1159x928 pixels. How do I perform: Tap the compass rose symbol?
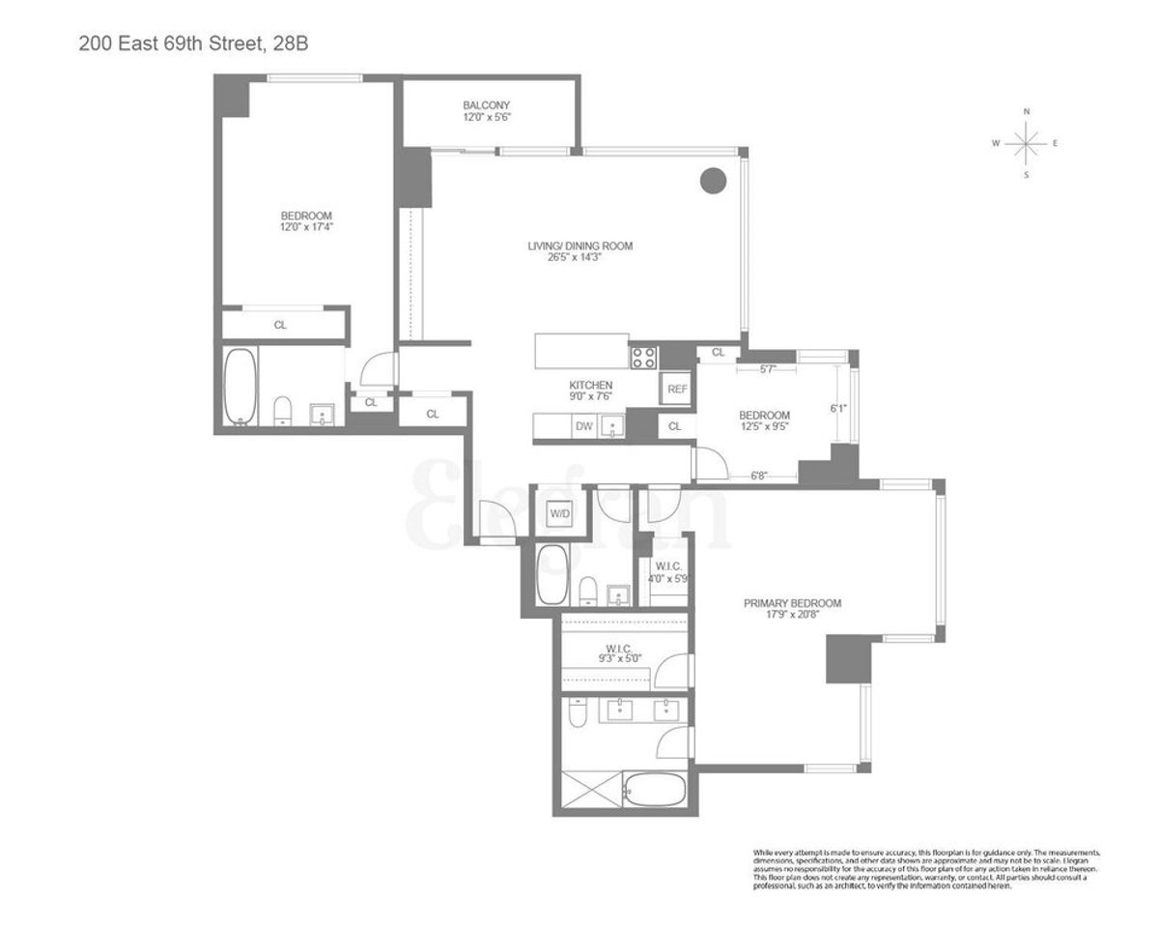click(1026, 144)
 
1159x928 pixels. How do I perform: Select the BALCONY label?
click(486, 105)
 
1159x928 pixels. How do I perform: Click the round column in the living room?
click(713, 180)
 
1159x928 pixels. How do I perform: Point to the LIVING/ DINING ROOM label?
click(579, 246)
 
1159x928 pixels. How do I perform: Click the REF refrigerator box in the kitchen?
click(676, 389)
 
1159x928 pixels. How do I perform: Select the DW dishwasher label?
click(583, 425)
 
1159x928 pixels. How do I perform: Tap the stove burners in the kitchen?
click(643, 358)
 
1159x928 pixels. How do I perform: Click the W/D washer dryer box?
click(560, 513)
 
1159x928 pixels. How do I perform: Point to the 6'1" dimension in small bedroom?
click(838, 408)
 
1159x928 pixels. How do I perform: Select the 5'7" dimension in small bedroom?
click(769, 368)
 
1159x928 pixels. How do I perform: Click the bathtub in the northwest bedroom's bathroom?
click(240, 387)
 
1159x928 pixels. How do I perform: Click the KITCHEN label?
click(590, 385)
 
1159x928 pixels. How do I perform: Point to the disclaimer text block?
click(925, 869)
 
